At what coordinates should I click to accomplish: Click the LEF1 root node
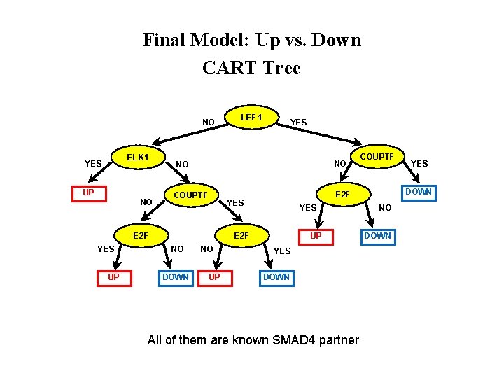(x=251, y=118)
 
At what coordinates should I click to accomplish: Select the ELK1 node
(x=137, y=157)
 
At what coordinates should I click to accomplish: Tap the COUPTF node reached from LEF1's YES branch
(x=377, y=157)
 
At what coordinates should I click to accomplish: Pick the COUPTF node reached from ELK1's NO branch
(x=190, y=195)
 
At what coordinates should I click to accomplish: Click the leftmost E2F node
(x=141, y=235)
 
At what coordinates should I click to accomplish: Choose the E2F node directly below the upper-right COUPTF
(x=342, y=195)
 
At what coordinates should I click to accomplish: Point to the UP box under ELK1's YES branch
(x=89, y=192)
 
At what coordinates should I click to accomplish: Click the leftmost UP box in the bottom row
(x=113, y=276)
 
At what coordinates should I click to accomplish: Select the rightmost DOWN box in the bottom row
(x=276, y=276)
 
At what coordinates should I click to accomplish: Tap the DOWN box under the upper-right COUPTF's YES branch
(x=419, y=192)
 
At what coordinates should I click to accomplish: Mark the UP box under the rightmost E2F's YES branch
(x=316, y=236)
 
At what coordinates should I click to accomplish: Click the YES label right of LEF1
(x=298, y=122)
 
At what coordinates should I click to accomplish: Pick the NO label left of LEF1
(x=209, y=122)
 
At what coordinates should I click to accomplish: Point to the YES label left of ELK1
(x=93, y=164)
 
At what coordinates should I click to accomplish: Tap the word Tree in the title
(x=282, y=69)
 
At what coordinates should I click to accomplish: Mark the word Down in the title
(x=338, y=40)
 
